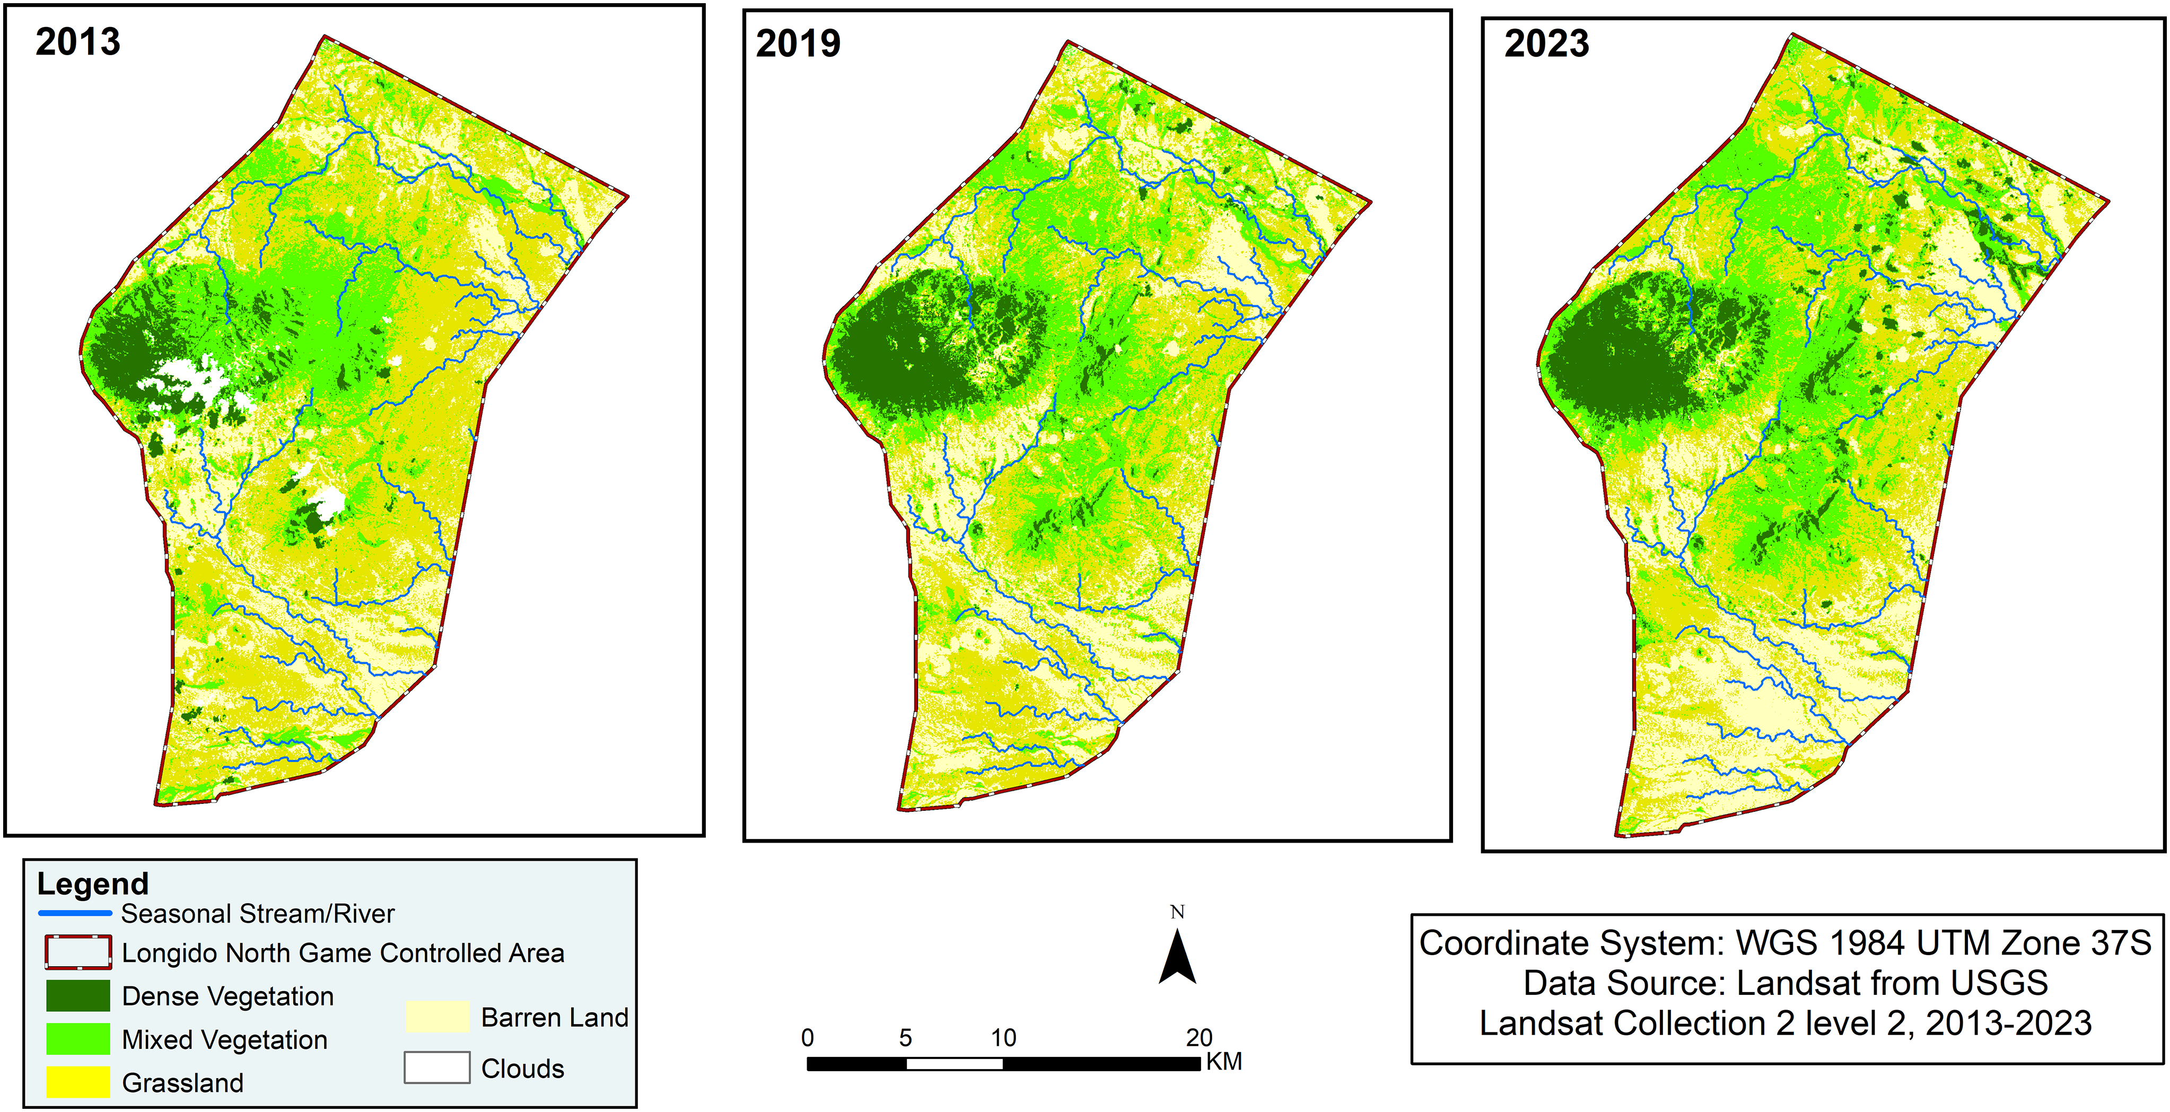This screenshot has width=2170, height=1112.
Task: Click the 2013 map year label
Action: click(77, 42)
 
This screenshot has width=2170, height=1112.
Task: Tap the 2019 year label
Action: click(798, 44)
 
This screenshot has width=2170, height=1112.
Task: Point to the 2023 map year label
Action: click(1547, 44)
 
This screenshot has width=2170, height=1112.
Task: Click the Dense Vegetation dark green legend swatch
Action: click(77, 996)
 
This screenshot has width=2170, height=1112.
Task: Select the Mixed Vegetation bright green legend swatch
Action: click(77, 1039)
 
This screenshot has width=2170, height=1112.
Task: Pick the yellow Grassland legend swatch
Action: click(77, 1082)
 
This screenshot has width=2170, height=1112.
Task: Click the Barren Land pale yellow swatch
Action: click(437, 1017)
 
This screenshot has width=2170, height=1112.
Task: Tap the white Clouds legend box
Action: click(437, 1067)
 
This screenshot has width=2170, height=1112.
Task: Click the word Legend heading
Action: click(93, 883)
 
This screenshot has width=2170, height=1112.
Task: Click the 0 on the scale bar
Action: click(807, 1038)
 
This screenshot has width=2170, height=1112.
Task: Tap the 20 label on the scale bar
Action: click(1198, 1038)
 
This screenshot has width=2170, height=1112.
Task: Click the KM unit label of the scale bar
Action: click(1224, 1062)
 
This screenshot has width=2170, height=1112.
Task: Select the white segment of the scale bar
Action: click(955, 1064)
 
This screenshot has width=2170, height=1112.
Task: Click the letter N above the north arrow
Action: click(1178, 912)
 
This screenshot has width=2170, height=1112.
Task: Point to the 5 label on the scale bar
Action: click(906, 1038)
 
